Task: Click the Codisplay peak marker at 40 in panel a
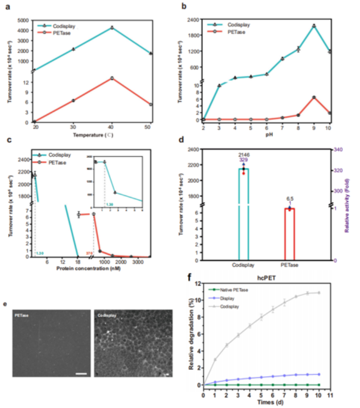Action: click(x=112, y=28)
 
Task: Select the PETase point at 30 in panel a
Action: click(x=73, y=100)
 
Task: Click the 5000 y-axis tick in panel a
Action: click(x=23, y=21)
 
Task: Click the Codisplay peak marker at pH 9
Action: click(x=314, y=26)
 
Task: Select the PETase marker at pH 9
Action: click(x=314, y=97)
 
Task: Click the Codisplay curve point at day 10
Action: click(x=318, y=292)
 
